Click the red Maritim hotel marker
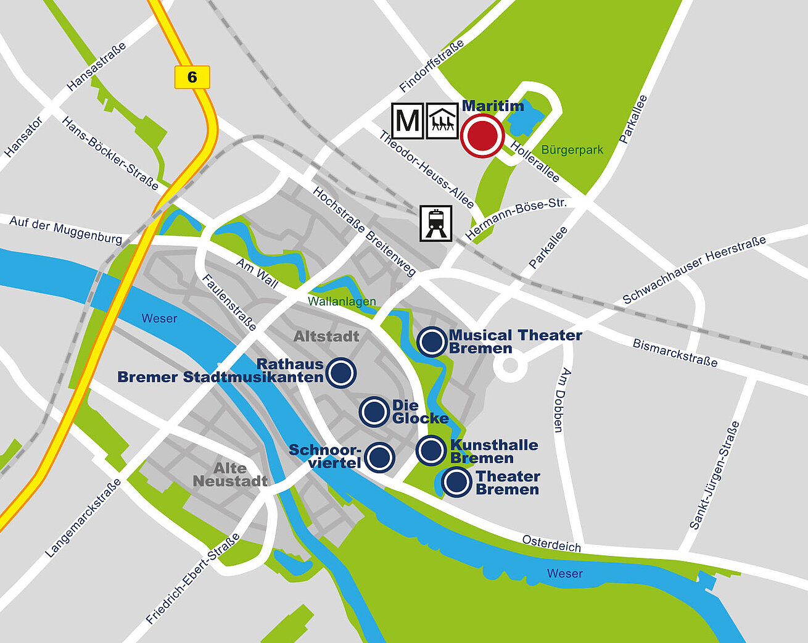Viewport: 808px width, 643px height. (482, 136)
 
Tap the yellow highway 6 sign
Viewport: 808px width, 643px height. (192, 77)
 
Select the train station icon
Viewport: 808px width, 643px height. (436, 223)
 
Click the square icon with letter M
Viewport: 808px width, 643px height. (408, 120)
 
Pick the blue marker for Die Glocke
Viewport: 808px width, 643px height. (374, 412)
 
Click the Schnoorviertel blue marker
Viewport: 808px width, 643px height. (379, 457)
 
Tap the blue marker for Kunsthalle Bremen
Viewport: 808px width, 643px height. (431, 450)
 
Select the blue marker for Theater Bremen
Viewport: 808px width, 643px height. (457, 483)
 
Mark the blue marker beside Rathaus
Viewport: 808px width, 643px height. (340, 373)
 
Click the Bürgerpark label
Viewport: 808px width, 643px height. (572, 150)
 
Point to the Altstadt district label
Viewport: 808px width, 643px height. (326, 336)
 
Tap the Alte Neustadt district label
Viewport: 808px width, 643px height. (230, 475)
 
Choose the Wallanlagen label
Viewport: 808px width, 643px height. (342, 302)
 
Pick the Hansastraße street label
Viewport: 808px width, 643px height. (97, 67)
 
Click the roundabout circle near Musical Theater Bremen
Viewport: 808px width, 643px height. (510, 365)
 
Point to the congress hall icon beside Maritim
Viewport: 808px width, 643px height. (442, 120)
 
